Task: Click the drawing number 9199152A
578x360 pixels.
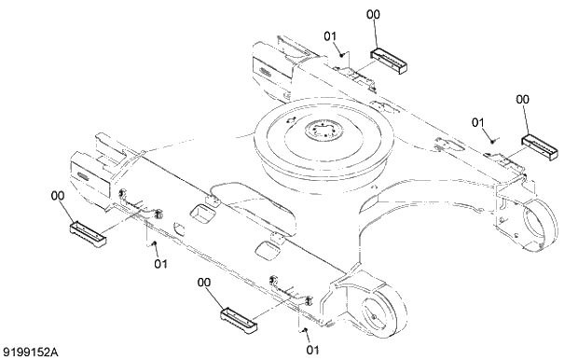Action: pyautogui.click(x=30, y=352)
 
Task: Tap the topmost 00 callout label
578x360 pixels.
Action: pyautogui.click(x=374, y=14)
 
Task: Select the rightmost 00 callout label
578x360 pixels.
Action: pyautogui.click(x=522, y=98)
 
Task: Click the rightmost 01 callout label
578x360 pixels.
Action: pyautogui.click(x=478, y=122)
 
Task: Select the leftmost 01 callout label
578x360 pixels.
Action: pyautogui.click(x=160, y=264)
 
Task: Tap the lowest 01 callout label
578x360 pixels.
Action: pyautogui.click(x=312, y=350)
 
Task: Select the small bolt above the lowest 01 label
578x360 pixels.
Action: pyautogui.click(x=304, y=329)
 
